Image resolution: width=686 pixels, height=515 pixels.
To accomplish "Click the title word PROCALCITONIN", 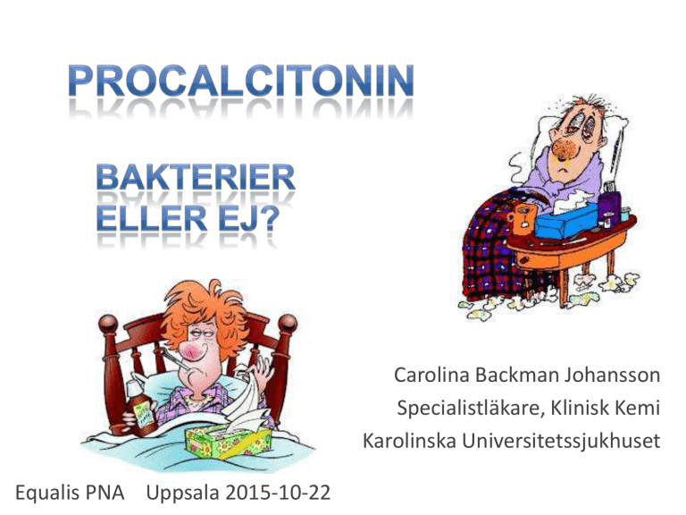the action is click(241, 81).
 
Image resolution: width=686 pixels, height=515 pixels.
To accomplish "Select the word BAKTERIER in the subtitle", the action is click(196, 177).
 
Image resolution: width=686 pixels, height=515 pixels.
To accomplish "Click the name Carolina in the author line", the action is click(431, 375).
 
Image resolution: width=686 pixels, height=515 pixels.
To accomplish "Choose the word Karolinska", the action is click(409, 441).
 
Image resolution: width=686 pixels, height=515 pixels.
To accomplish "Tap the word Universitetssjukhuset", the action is click(561, 441).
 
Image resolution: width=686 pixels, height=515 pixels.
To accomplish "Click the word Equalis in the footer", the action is click(45, 493).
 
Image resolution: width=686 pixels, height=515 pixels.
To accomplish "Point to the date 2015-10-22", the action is click(278, 493).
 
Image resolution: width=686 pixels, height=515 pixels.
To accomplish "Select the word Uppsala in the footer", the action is click(182, 494).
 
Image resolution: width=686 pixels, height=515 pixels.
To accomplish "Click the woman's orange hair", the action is click(205, 312).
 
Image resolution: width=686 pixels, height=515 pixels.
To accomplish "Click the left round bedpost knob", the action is click(108, 325).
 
